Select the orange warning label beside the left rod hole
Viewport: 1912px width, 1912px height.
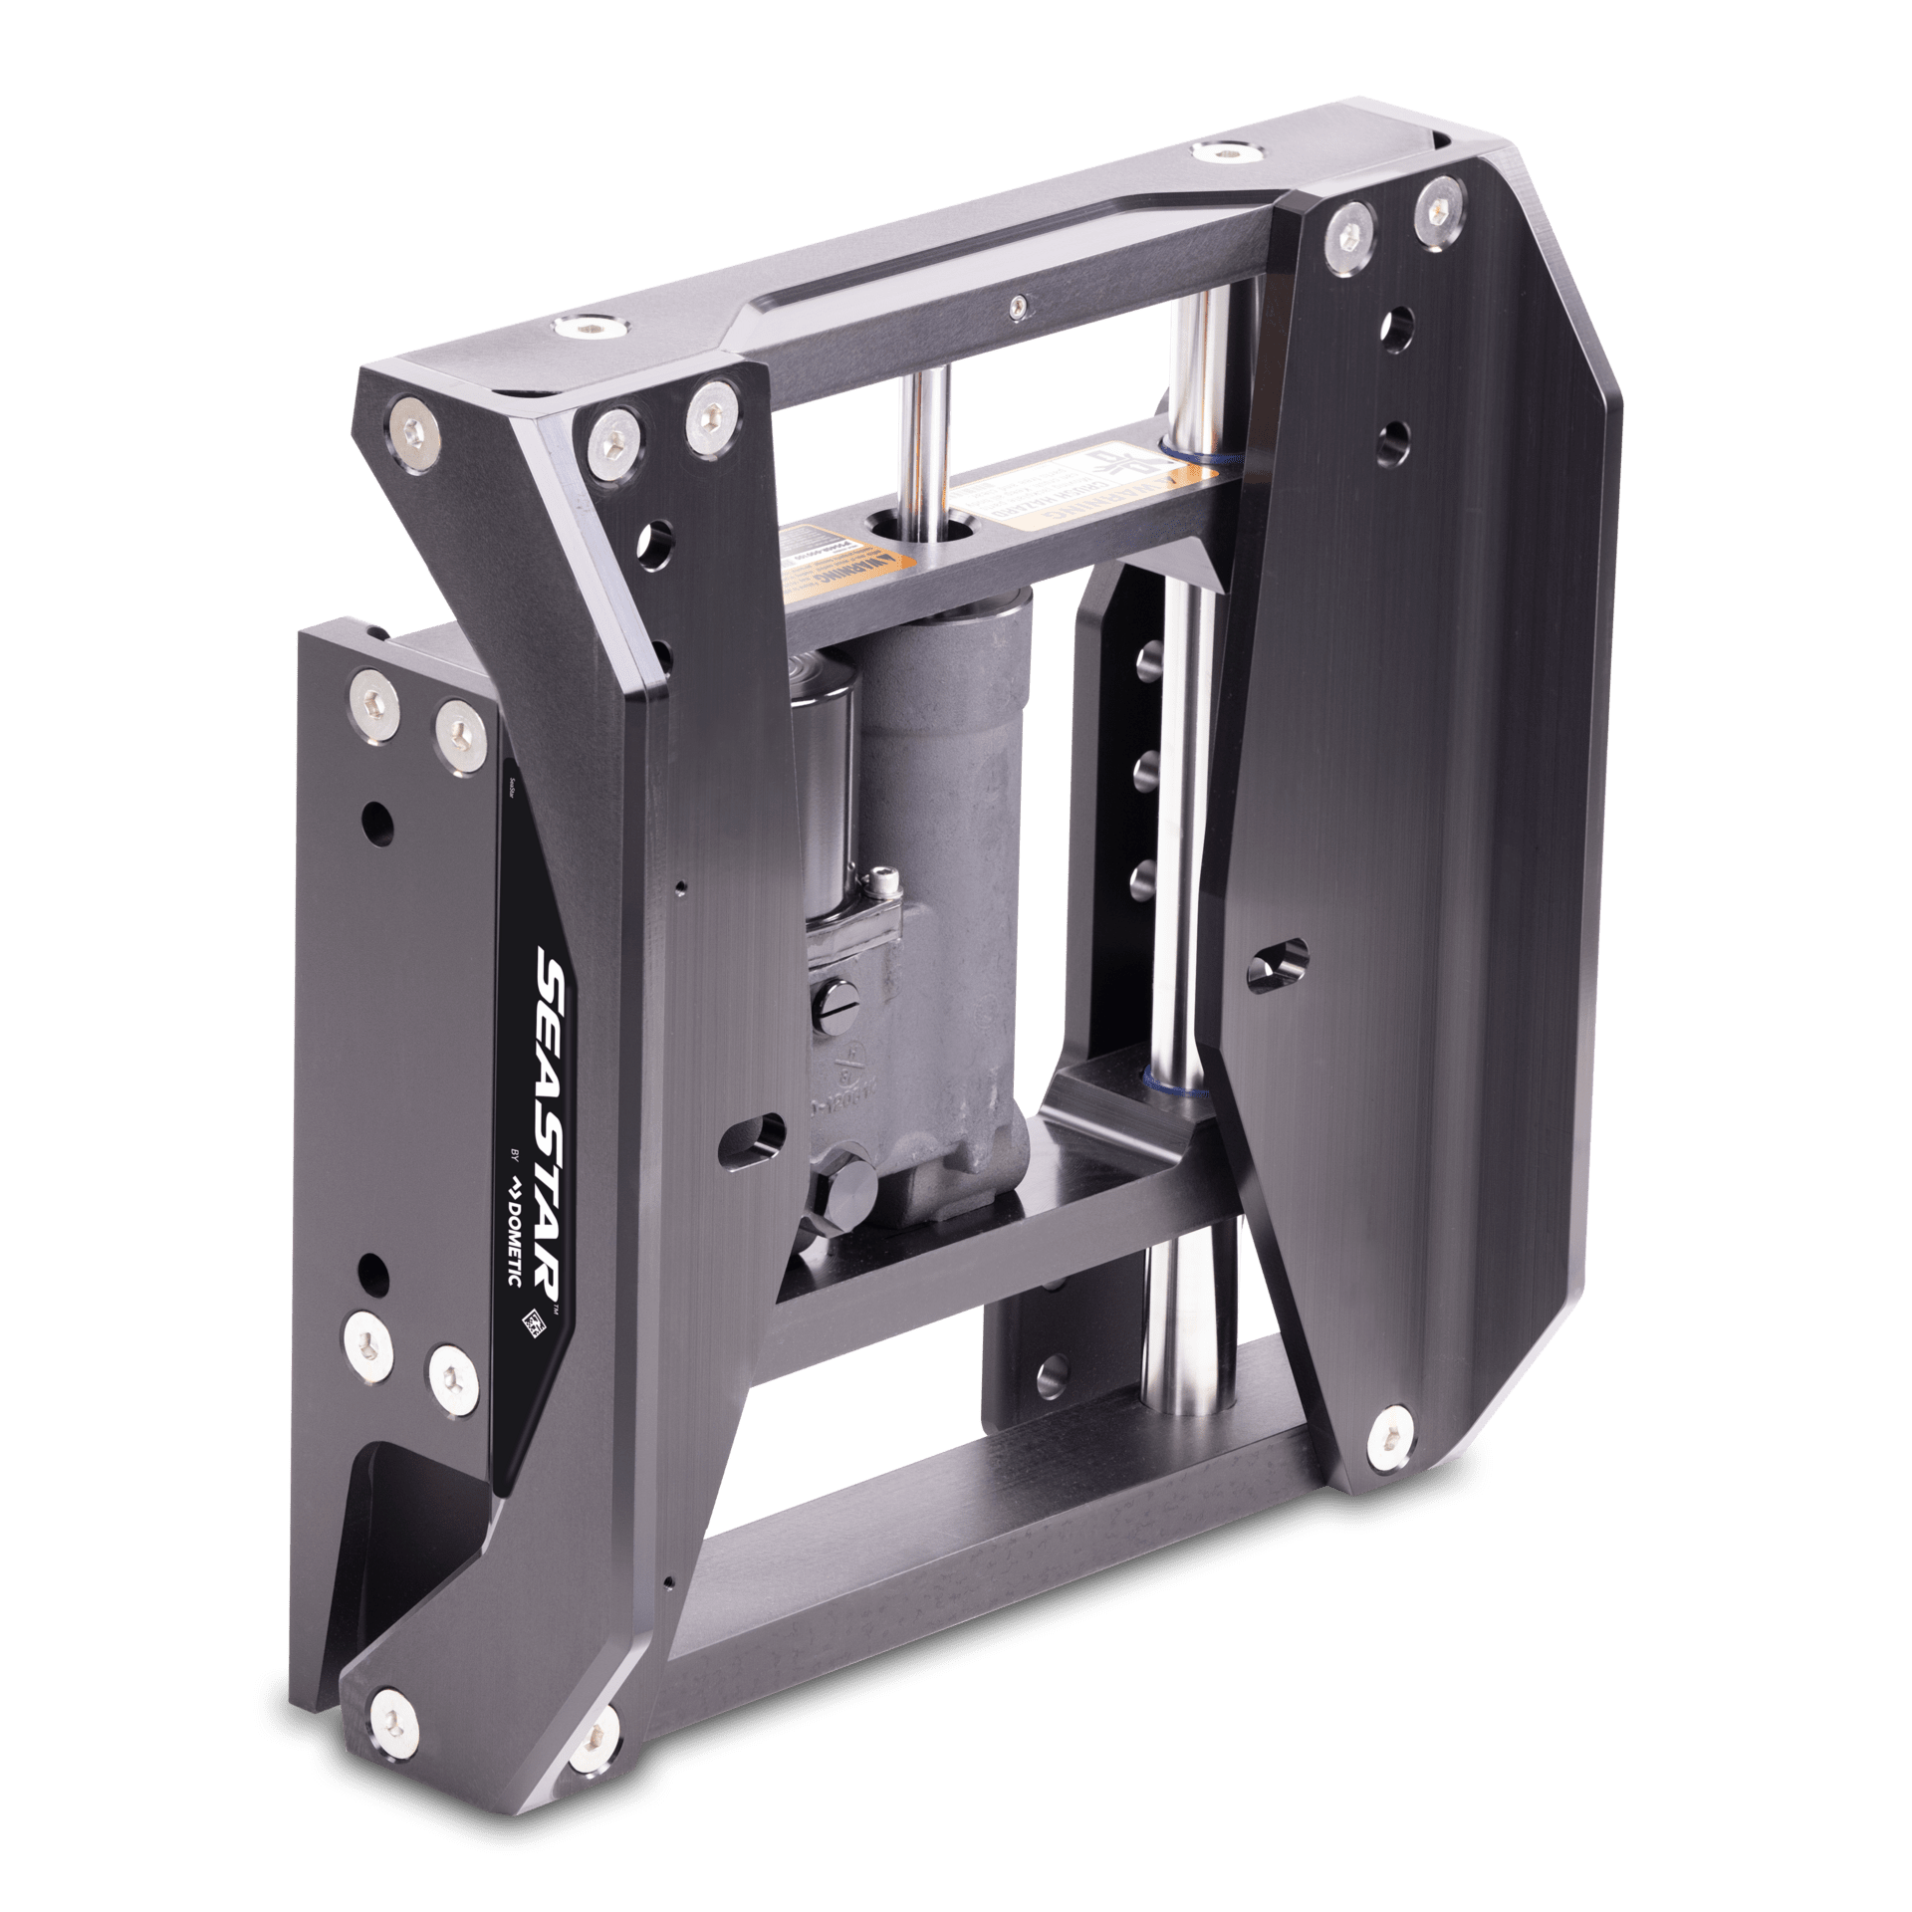point(813,567)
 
